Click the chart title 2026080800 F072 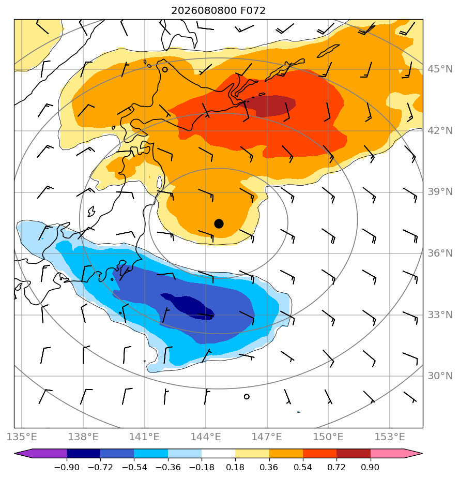coord(218,11)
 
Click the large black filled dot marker coord(219,224)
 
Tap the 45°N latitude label coord(440,69)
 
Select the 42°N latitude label coord(440,131)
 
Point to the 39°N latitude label coord(440,192)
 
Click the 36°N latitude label coord(440,253)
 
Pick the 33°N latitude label coord(440,315)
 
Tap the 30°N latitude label coord(440,376)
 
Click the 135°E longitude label coord(22,437)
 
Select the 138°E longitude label coord(83,437)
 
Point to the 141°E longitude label coord(144,437)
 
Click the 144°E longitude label coord(206,437)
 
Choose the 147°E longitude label coord(267,437)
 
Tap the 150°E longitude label coord(328,437)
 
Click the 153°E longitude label coord(390,437)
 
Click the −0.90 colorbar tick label coord(67,467)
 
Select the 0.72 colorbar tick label coord(336,467)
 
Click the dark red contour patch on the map coord(270,106)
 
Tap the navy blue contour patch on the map coord(189,306)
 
